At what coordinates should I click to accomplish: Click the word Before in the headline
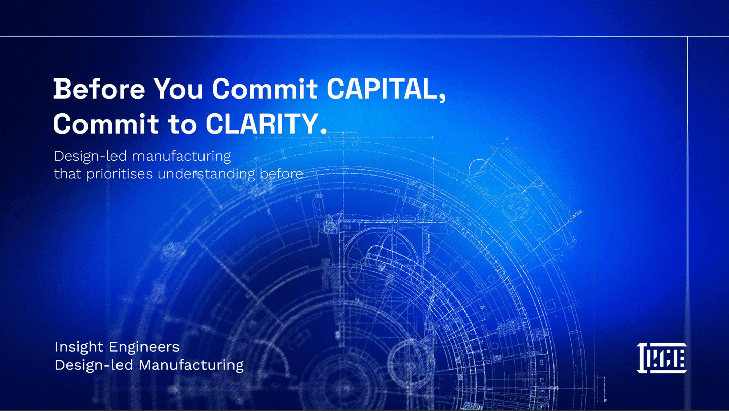(99, 89)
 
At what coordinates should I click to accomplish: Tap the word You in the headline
(179, 89)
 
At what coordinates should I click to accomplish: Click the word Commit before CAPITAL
(265, 89)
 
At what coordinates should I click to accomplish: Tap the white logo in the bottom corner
(662, 358)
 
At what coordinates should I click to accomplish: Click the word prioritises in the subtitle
(120, 174)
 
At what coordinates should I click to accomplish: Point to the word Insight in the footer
(79, 347)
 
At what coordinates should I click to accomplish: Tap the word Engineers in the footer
(144, 347)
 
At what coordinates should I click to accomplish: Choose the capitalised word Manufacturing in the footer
(191, 365)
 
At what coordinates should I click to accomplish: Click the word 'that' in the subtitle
(68, 174)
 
